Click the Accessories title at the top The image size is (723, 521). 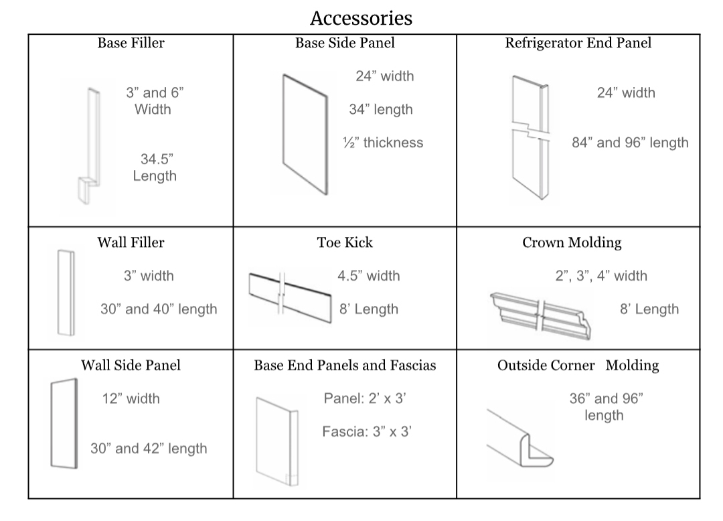(361, 17)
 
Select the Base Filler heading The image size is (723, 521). (131, 44)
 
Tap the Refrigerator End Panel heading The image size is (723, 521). (578, 44)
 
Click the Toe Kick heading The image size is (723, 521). (345, 242)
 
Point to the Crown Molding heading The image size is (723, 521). (572, 242)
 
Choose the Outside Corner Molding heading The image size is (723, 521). (578, 366)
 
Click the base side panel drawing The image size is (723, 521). (305, 134)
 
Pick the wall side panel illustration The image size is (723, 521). (64, 423)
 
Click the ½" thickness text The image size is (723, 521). (382, 143)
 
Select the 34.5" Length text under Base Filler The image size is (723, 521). (155, 167)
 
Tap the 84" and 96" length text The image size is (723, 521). (629, 143)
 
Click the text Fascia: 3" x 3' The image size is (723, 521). (366, 432)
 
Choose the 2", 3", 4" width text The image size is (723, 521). (601, 276)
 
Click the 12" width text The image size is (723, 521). (131, 399)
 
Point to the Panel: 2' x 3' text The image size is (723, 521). (365, 399)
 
